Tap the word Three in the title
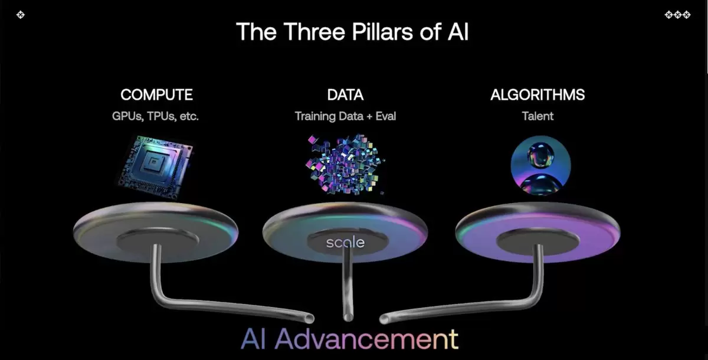tap(314, 32)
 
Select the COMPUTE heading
tap(156, 95)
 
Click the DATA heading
tap(345, 95)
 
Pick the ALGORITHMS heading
tap(537, 95)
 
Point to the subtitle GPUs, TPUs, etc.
tap(155, 116)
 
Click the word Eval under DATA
tap(386, 116)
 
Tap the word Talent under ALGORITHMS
tap(537, 116)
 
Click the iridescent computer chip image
tap(156, 166)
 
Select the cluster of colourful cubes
tap(345, 163)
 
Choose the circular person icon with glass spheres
tap(541, 165)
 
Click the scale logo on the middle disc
tap(345, 243)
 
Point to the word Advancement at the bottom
tap(366, 339)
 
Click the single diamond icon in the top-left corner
tap(21, 15)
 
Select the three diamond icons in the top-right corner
tap(677, 15)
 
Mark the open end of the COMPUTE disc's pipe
tap(309, 319)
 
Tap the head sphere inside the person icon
tap(541, 155)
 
